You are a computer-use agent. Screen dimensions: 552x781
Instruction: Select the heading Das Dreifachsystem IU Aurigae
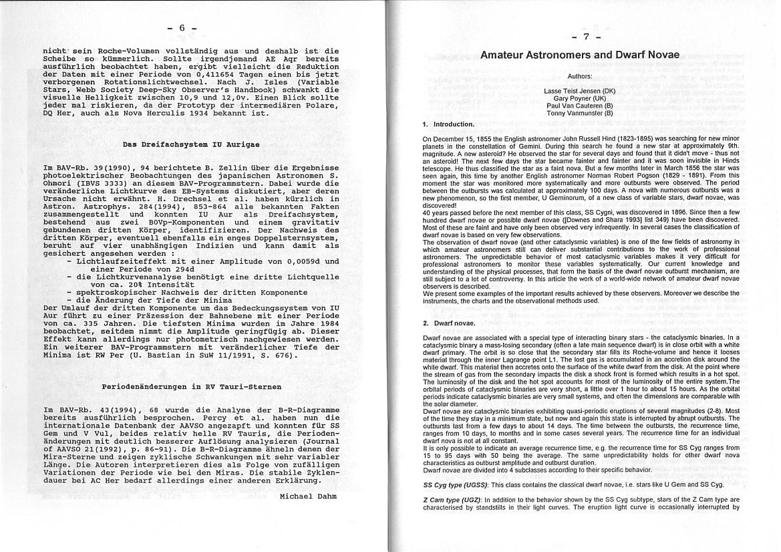[x=191, y=144]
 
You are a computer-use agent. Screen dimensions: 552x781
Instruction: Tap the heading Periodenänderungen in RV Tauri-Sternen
[x=191, y=386]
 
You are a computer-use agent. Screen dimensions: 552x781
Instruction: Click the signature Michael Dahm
[x=309, y=496]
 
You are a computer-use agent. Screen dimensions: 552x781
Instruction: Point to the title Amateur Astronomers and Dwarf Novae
[x=580, y=55]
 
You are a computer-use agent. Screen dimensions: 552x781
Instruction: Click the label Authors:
[x=579, y=77]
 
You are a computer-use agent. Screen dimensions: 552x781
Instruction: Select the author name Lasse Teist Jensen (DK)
[x=579, y=90]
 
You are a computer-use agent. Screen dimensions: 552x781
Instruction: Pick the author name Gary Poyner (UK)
[x=579, y=98]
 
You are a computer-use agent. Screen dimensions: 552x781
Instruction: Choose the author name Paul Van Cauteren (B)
[x=579, y=106]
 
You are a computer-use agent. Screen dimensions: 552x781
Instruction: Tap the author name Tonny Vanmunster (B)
[x=579, y=113]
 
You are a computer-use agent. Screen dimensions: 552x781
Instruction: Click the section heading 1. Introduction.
[x=448, y=124]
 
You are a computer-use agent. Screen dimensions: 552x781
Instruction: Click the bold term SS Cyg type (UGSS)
[x=456, y=485]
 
